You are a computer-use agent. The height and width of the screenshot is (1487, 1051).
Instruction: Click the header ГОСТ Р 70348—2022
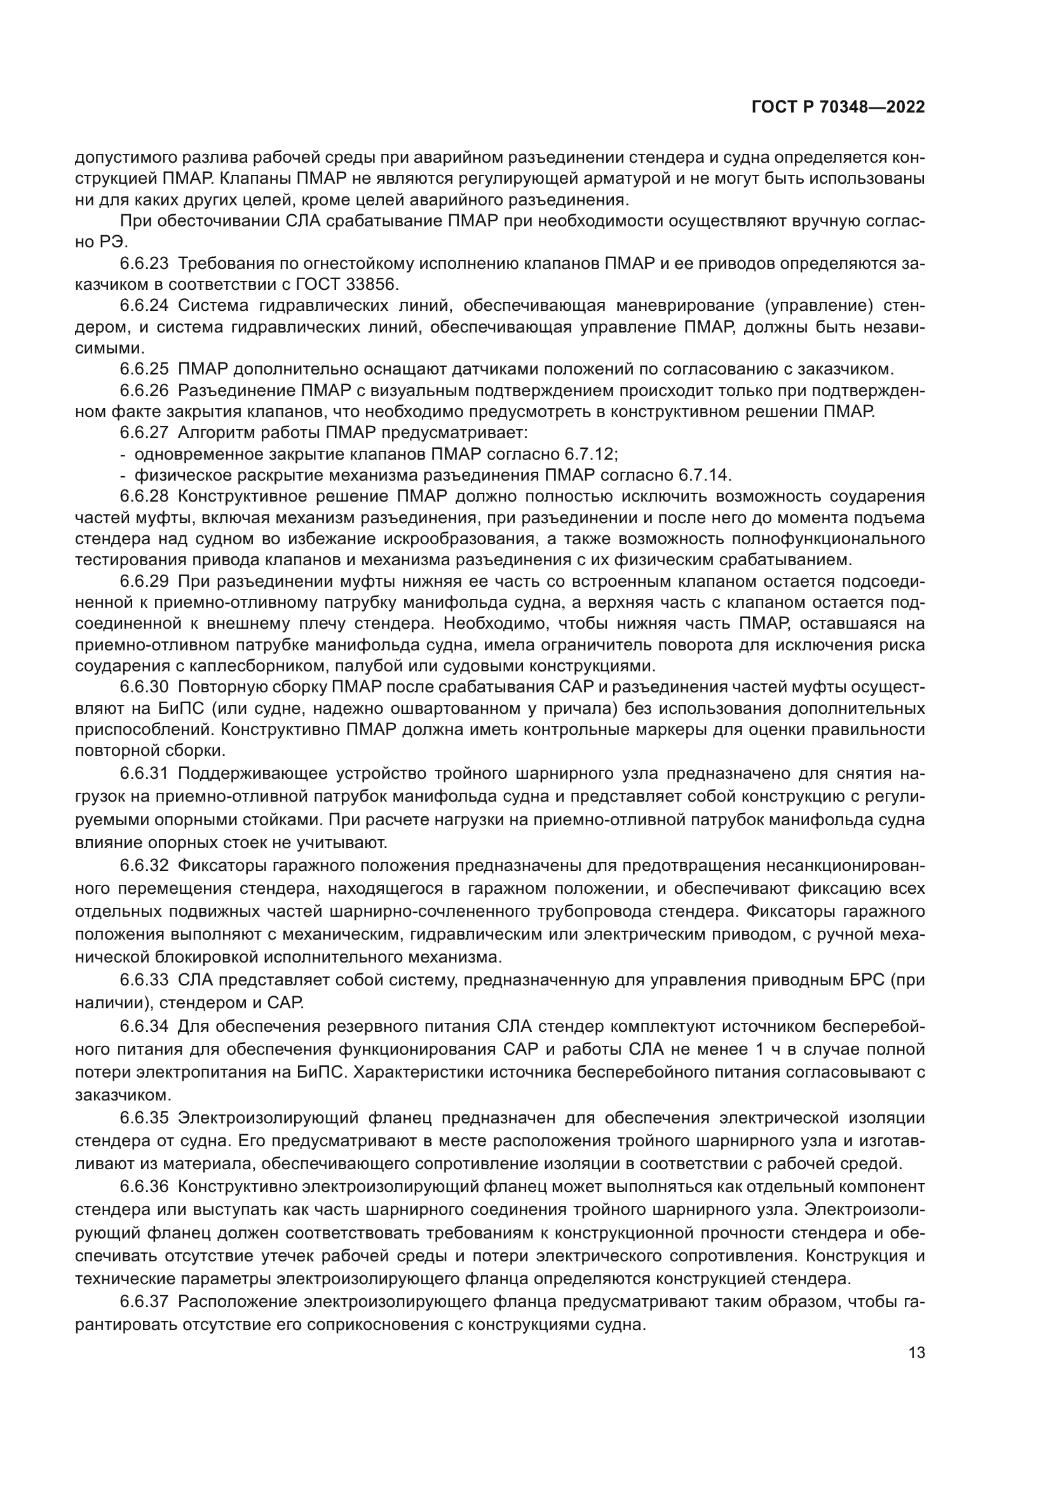pos(838,107)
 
